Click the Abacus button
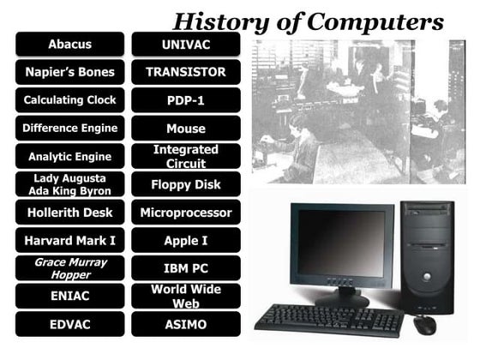pos(69,44)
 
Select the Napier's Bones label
pos(69,72)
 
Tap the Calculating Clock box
pos(69,100)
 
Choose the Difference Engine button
pos(69,129)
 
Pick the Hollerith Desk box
pos(69,212)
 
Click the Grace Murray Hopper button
pos(69,268)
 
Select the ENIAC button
pos(69,297)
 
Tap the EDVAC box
pos(69,325)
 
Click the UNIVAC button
pos(186,44)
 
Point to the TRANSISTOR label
pos(186,72)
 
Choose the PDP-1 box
pos(186,100)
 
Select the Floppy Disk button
pos(186,184)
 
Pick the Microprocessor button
pos(186,212)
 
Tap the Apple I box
pos(186,241)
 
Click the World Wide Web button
pos(186,297)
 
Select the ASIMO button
pos(186,325)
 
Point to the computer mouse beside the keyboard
pos(424,325)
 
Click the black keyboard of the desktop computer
pos(328,320)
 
